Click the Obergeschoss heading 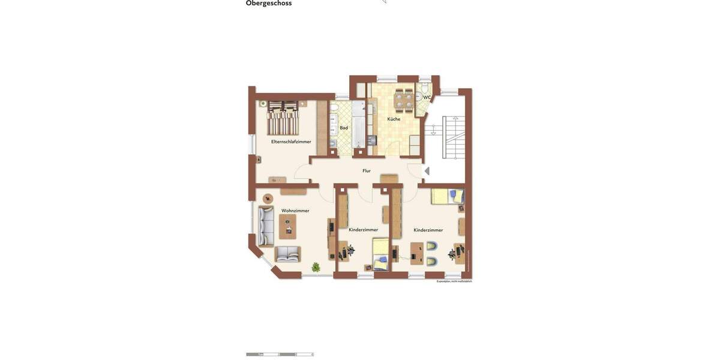coord(269,4)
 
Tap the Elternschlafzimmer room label coord(291,142)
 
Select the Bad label coord(344,128)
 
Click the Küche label coord(394,119)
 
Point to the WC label coord(427,97)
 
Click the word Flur coord(367,171)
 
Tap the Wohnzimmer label coord(295,211)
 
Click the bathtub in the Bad coord(358,125)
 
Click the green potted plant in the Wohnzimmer coord(316,267)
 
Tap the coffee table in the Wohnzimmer coord(288,227)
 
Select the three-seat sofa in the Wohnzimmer coord(266,226)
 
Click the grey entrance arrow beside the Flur coord(427,171)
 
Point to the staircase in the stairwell coord(454,137)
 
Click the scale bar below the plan coord(280,355)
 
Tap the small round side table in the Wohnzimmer coord(268,198)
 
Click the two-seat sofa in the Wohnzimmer coord(288,254)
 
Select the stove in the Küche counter coord(371,140)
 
